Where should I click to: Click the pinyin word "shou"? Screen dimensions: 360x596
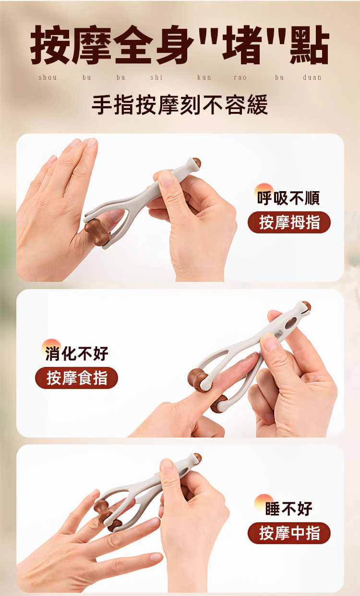(48, 77)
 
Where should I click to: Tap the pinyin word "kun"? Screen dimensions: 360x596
(204, 77)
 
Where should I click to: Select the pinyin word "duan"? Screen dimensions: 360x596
(312, 77)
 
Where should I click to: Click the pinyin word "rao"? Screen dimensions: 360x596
(240, 77)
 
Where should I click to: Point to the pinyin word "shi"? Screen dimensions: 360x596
(156, 77)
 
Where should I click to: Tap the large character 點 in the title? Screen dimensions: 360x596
(310, 45)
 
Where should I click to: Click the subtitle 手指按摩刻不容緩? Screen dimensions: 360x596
(180, 105)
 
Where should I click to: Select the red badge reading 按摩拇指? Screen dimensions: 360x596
(289, 222)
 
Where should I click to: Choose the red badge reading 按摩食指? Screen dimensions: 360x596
(77, 378)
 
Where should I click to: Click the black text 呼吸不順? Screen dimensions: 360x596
(288, 198)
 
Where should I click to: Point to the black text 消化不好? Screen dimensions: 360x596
(77, 353)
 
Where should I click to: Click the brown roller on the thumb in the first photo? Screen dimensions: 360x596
(97, 231)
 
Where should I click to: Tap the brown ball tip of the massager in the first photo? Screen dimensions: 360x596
(197, 163)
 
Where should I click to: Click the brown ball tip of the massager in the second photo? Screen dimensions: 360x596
(307, 306)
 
